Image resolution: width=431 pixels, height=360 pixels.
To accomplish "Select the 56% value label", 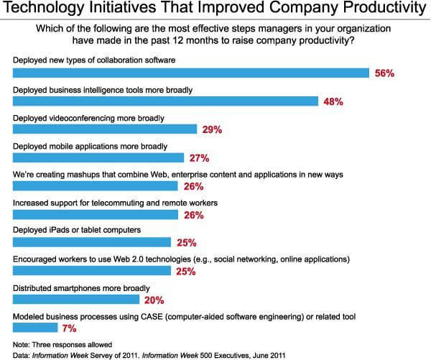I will [x=386, y=74].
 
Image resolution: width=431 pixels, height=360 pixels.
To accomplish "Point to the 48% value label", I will [x=333, y=102].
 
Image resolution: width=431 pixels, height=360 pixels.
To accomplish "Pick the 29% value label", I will [x=211, y=130].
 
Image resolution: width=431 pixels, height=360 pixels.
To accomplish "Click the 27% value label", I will [x=198, y=158].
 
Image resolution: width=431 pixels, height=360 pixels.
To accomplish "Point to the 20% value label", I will [x=154, y=300].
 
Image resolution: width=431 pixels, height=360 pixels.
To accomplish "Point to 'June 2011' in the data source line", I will [x=272, y=353].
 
